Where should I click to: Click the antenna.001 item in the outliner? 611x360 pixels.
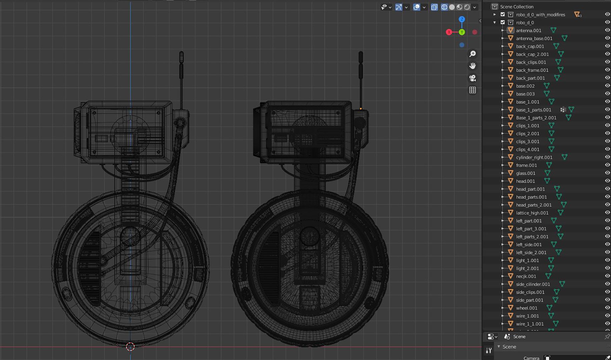[x=528, y=30]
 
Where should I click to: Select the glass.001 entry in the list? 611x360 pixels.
[x=525, y=173]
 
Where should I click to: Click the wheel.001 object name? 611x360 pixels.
[x=526, y=308]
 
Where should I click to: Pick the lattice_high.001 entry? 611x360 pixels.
[x=532, y=213]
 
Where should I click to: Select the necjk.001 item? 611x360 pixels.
[x=526, y=276]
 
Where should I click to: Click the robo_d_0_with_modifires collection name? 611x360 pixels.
[x=540, y=15]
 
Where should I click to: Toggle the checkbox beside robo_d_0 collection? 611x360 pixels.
[x=503, y=22]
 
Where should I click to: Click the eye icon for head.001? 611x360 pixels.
[x=607, y=181]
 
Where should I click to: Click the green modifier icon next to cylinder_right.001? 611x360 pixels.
[x=564, y=157]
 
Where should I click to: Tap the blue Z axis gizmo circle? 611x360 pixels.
[x=462, y=19]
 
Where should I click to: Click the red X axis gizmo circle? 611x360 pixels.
[x=449, y=32]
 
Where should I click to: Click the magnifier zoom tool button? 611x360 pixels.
[x=473, y=54]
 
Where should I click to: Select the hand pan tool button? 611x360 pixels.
[x=473, y=66]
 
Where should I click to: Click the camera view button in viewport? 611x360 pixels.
[x=473, y=78]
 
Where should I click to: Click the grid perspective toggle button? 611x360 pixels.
[x=473, y=90]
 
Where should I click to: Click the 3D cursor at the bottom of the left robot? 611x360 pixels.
[x=130, y=347]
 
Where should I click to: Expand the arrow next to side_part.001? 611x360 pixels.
[x=503, y=300]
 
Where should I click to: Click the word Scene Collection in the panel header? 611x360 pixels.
[x=517, y=7]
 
